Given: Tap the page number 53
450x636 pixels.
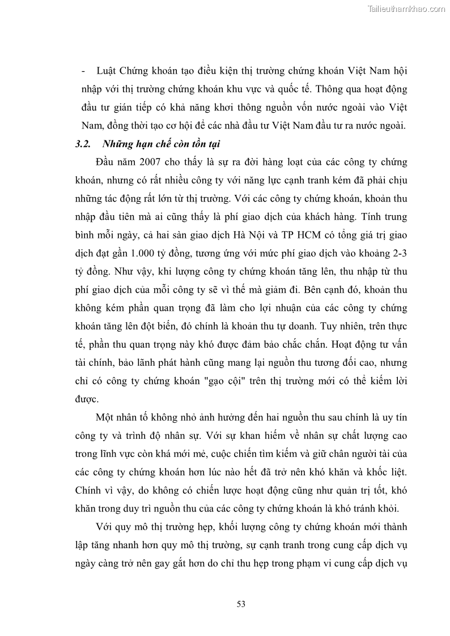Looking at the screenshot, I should tap(241, 604).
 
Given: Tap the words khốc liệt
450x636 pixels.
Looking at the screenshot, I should tap(388, 473).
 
